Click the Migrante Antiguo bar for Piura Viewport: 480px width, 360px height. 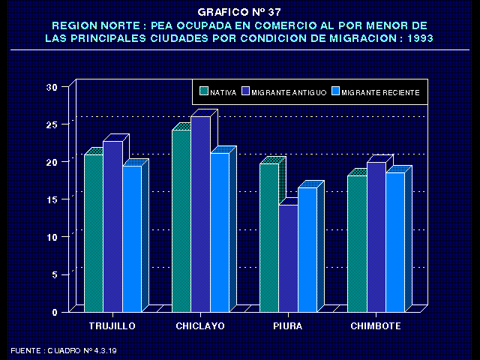tap(288, 258)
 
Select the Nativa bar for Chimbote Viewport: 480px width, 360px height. tap(356, 243)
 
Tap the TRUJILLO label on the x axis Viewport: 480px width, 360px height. tap(112, 326)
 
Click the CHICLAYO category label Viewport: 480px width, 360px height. tap(200, 326)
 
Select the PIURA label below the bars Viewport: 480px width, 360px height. tap(288, 326)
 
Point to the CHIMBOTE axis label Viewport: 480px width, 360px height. tap(376, 326)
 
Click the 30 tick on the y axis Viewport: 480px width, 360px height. tap(52, 87)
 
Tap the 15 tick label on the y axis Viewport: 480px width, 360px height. tap(52, 199)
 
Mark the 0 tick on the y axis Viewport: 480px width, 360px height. tap(55, 312)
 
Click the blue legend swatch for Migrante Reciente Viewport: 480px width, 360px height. tap(336, 91)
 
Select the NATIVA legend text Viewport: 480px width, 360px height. tap(223, 92)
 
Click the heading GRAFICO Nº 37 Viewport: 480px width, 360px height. tap(239, 12)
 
